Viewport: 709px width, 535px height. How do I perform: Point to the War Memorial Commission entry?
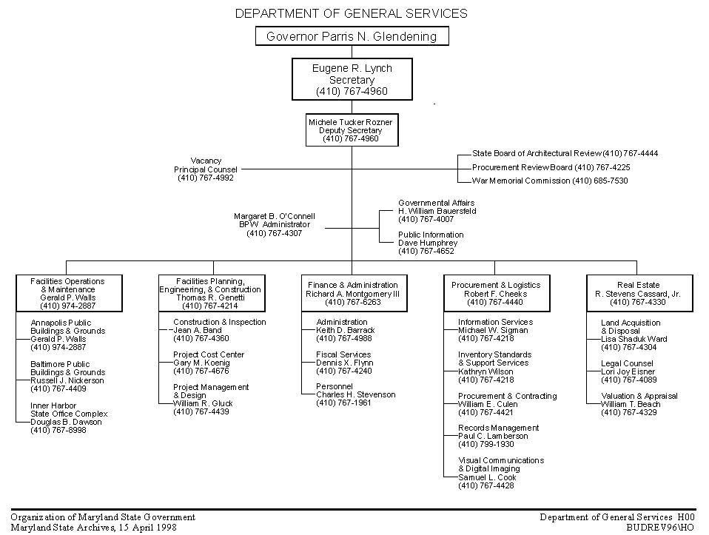point(550,181)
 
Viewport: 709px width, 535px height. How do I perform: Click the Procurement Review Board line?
point(551,167)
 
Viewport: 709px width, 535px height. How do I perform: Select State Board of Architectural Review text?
point(537,153)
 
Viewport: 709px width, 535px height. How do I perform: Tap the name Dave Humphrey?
point(428,243)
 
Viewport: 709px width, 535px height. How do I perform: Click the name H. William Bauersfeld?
point(437,211)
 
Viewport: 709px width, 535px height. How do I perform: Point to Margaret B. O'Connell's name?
point(275,216)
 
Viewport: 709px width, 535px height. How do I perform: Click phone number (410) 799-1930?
point(486,445)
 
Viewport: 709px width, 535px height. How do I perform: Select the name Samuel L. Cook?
point(487,477)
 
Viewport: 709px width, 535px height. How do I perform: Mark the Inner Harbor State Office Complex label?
point(69,410)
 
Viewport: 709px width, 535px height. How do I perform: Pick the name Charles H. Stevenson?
point(356,395)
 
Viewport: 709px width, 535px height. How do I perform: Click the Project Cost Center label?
point(209,354)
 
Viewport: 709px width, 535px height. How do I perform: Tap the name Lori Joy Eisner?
point(628,371)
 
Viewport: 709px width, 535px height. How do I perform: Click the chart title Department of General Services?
point(352,13)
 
